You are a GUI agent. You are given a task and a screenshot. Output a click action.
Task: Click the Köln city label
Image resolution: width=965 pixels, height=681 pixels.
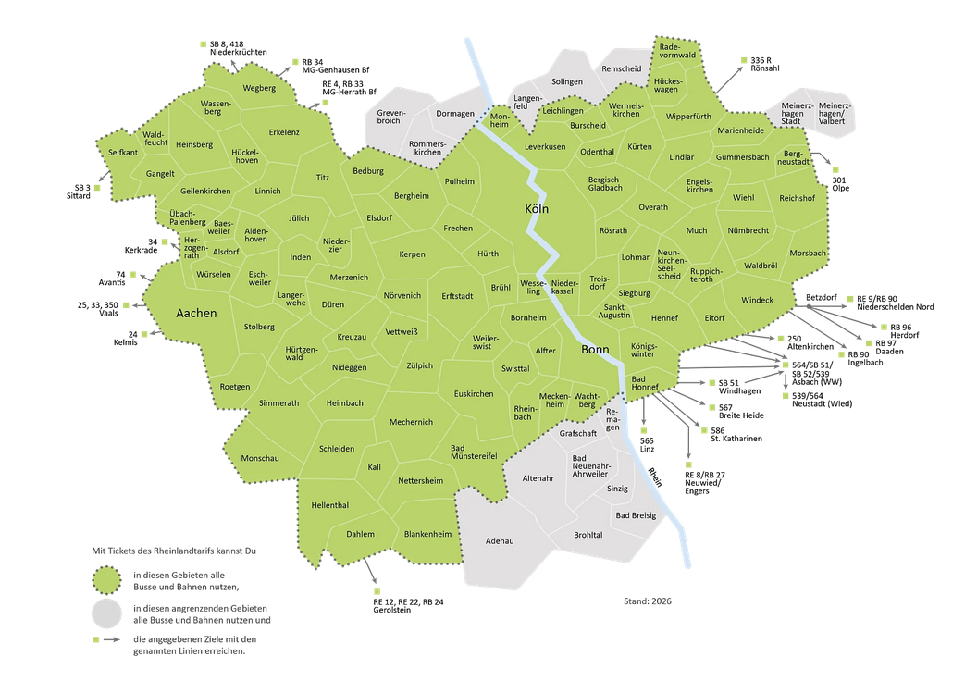point(537,210)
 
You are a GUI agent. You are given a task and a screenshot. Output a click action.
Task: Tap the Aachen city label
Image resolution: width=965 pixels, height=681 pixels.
point(196,314)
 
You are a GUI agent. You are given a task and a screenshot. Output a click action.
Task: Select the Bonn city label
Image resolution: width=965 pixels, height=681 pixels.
point(595,351)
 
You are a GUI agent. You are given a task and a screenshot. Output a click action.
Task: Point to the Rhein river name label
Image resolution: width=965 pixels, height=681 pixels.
point(655,477)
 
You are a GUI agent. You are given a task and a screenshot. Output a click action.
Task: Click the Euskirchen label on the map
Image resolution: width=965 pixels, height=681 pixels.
point(473,394)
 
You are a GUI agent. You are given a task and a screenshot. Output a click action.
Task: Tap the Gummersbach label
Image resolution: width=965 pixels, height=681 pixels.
point(742,157)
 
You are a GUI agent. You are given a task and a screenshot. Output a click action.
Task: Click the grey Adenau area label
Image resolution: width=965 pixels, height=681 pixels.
point(500,540)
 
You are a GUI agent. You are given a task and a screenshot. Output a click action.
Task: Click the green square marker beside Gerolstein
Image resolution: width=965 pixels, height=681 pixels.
point(376,590)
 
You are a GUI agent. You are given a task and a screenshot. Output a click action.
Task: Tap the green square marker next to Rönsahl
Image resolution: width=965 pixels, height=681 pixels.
point(743,60)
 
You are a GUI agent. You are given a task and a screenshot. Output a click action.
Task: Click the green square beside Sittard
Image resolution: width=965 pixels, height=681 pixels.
point(95,187)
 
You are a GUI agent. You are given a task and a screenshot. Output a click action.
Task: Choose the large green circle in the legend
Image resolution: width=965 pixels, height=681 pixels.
point(108,579)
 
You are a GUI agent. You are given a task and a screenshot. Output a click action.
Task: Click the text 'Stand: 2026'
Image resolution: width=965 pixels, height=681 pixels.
point(648,601)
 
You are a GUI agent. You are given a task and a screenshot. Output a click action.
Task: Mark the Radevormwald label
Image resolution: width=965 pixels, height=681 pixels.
point(677,51)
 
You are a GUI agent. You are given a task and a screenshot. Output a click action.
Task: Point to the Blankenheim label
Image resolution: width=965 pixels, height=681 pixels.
point(427,534)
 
